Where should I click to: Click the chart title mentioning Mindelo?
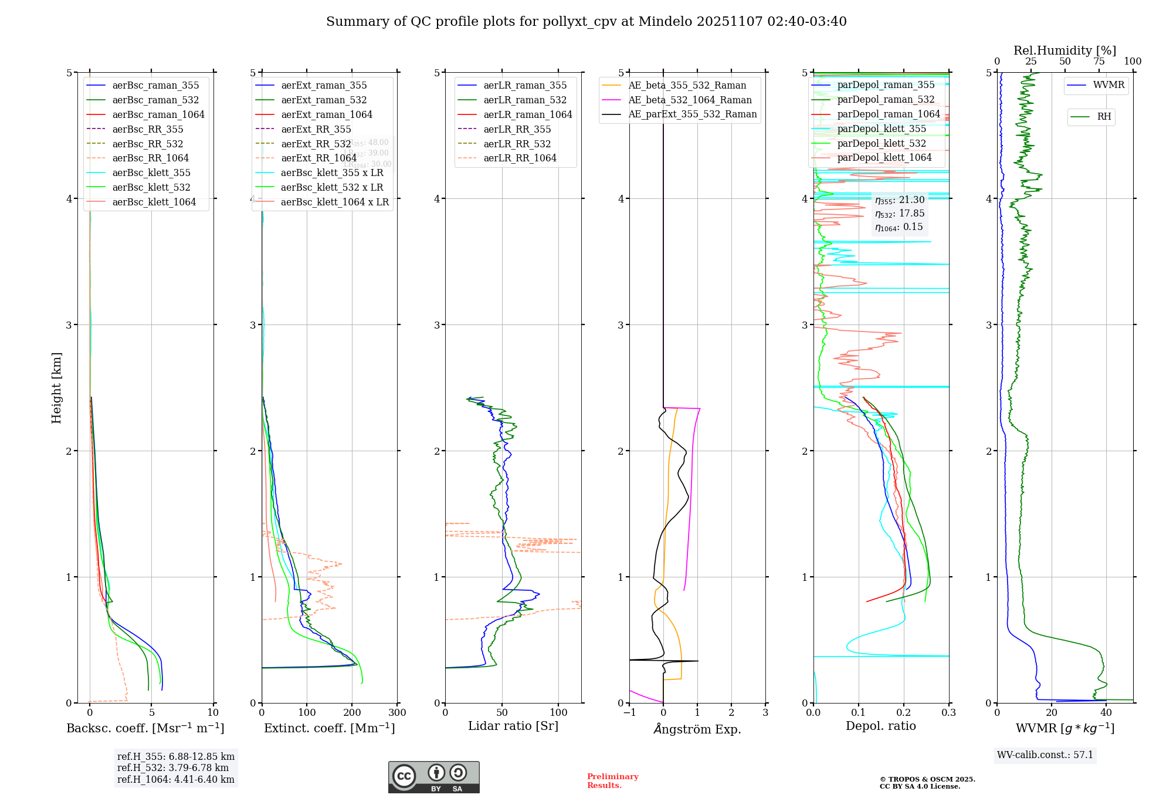586,22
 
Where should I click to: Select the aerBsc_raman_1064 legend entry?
158,114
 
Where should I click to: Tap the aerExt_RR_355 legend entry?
316,129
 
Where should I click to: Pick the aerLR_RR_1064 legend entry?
520,158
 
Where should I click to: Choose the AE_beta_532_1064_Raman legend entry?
690,100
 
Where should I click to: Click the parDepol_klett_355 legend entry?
882,129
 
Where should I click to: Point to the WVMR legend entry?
1108,85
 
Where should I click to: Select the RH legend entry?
1104,117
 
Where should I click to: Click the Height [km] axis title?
56,388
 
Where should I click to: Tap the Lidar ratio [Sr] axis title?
513,726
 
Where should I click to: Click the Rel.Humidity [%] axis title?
1064,50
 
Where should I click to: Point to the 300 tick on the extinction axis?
397,713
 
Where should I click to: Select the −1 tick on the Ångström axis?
629,713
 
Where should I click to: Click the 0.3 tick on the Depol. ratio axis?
948,713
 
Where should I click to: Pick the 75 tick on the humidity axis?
1099,62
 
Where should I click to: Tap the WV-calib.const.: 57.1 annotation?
1045,755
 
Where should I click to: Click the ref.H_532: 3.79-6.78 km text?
173,767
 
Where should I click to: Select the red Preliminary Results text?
612,781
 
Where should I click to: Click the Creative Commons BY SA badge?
433,777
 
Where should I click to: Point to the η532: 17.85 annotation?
900,214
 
